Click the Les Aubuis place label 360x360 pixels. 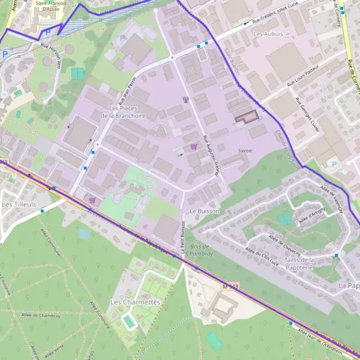point(267,34)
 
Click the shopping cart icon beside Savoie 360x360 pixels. point(193,146)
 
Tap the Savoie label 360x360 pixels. point(245,150)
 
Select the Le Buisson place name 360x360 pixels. point(204,212)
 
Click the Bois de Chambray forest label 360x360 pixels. point(199,250)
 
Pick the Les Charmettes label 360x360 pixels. point(136,302)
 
